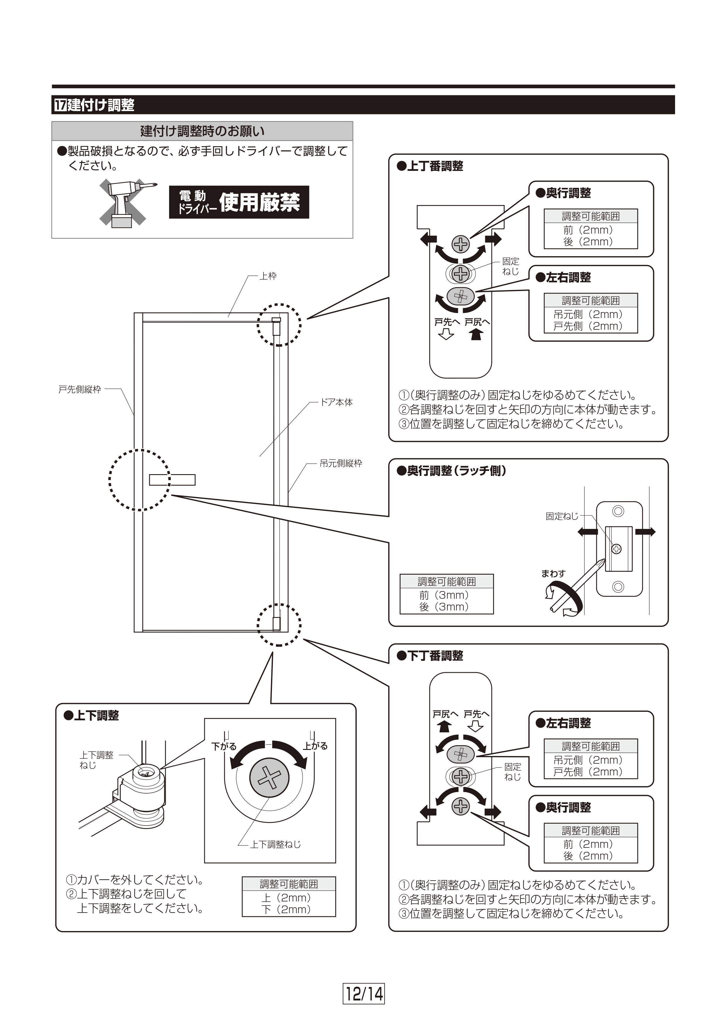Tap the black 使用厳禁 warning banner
pos(239,202)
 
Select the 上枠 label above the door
pos(268,276)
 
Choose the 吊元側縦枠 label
pos(341,464)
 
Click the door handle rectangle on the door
pos(172,480)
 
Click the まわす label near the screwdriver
pos(553,573)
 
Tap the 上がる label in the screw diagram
pos(315,746)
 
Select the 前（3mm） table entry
pos(444,595)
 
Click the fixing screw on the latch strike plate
pos(617,549)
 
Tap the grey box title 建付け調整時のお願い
pos(202,131)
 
